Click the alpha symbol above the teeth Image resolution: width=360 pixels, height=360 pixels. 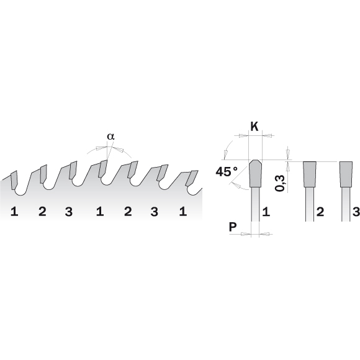110,137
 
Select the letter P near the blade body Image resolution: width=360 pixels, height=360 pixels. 233,227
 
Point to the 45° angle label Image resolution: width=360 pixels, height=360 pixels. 227,171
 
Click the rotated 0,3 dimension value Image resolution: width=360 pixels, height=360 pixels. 280,183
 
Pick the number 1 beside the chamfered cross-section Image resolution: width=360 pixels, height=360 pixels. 266,212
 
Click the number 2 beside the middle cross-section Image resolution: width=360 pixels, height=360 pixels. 320,212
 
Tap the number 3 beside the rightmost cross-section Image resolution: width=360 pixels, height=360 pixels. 356,212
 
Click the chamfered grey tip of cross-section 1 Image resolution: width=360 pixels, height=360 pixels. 255,174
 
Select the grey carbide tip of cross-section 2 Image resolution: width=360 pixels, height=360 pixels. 310,174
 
